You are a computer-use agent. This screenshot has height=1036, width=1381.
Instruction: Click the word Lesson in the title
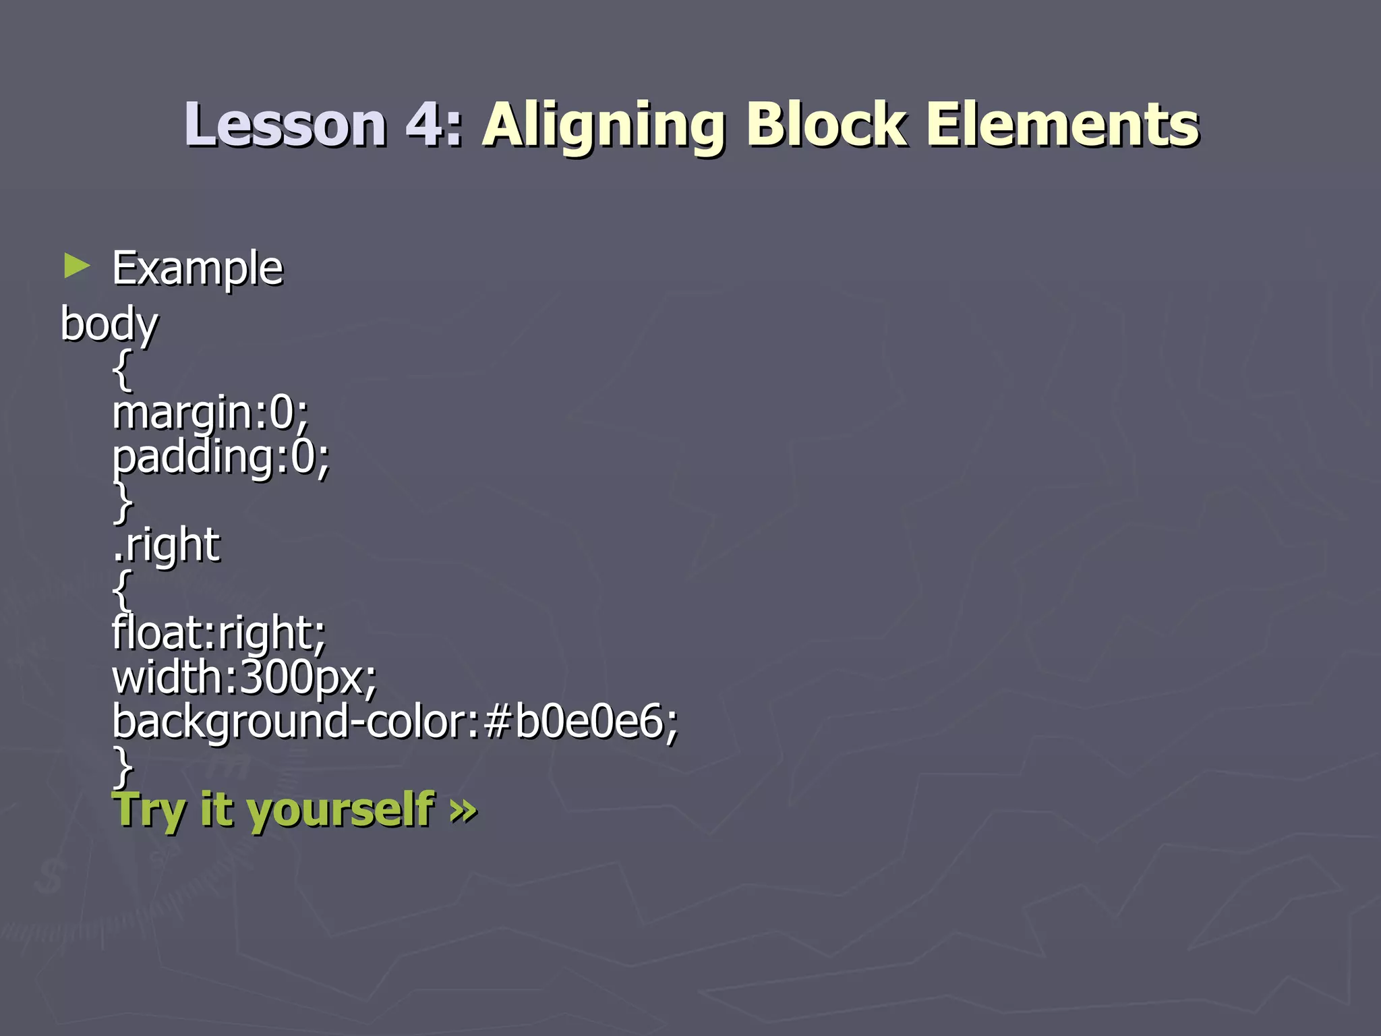[x=285, y=125]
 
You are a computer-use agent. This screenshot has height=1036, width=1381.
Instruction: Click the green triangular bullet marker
[x=76, y=266]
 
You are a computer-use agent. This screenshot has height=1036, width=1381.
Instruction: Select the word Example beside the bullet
[x=197, y=268]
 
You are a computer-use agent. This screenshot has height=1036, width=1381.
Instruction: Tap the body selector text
[x=109, y=324]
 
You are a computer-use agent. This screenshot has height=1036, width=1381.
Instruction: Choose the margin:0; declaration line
[x=210, y=412]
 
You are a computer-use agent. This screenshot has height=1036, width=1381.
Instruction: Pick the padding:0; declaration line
[x=221, y=457]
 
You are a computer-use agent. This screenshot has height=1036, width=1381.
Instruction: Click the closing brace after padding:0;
[x=122, y=502]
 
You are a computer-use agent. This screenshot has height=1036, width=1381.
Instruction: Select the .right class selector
[x=166, y=545]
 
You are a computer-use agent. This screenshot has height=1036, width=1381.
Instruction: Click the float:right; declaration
[x=218, y=633]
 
